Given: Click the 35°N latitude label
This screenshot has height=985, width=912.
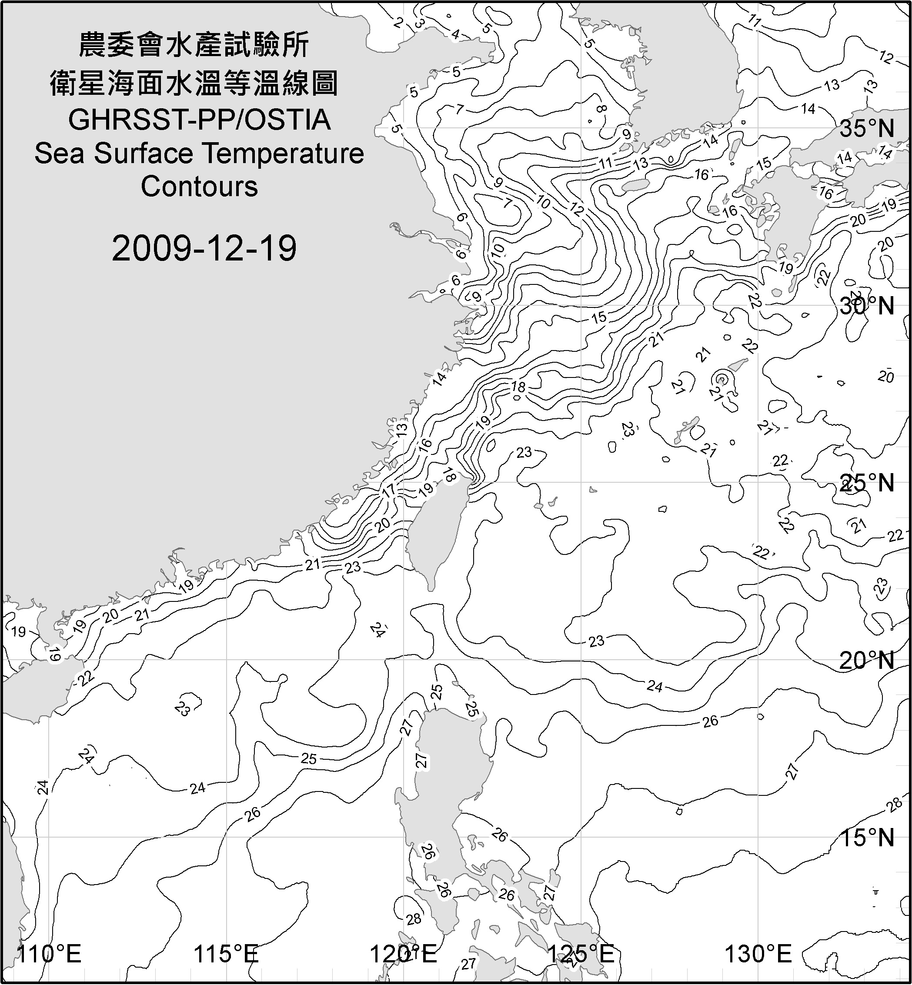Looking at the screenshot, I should [x=867, y=129].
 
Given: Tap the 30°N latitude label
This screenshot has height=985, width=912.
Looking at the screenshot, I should [x=867, y=307].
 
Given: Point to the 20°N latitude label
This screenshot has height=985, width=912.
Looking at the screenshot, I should [x=867, y=660].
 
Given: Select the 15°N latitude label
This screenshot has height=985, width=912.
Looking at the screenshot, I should [x=867, y=838].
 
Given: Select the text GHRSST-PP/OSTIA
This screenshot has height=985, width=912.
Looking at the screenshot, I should [x=199, y=120].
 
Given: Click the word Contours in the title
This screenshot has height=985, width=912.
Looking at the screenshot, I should [x=199, y=187].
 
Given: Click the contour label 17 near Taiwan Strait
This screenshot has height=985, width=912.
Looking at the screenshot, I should [x=388, y=491].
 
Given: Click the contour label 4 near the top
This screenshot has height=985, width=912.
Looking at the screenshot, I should [x=455, y=34].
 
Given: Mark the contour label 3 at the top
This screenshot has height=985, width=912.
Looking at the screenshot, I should [x=420, y=23].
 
